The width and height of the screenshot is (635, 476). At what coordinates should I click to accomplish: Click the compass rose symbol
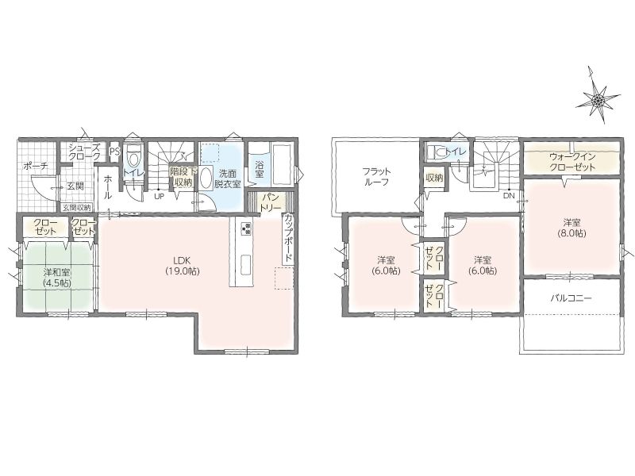(x=597, y=98)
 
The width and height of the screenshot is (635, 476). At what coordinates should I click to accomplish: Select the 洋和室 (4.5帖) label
(x=57, y=277)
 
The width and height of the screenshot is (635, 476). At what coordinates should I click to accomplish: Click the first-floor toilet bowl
(x=133, y=153)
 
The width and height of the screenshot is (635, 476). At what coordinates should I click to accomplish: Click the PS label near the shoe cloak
(x=114, y=152)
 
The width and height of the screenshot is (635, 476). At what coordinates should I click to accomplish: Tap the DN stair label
(x=509, y=195)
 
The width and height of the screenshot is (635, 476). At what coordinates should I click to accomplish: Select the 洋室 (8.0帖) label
(x=571, y=228)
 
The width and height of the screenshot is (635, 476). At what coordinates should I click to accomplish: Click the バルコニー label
(x=571, y=299)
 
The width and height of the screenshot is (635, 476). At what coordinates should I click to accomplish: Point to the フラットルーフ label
(x=377, y=176)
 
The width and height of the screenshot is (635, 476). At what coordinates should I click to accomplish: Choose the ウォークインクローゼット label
(x=572, y=162)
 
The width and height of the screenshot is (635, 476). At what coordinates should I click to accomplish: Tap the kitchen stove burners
(x=246, y=229)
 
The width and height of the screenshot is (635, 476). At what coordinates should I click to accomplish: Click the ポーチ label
(x=36, y=166)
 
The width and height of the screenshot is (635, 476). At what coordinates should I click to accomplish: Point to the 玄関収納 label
(x=76, y=208)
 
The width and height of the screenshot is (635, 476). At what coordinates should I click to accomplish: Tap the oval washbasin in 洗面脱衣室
(x=206, y=176)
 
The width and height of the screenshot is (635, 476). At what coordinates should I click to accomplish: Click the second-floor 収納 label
(x=433, y=178)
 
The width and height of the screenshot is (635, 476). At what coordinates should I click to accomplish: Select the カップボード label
(x=288, y=240)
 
